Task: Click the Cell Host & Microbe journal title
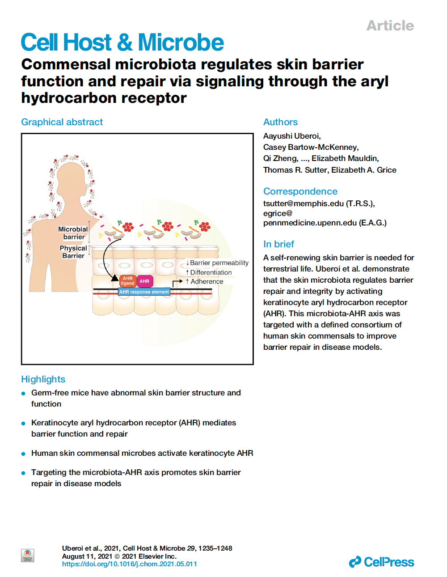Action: [x=122, y=42]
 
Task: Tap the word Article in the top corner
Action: [x=390, y=25]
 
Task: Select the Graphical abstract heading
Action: [x=62, y=122]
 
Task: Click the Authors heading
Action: [x=280, y=122]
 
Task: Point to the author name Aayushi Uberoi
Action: [x=291, y=136]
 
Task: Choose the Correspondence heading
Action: [x=300, y=191]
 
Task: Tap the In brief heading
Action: [x=278, y=244]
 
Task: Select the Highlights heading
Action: [x=43, y=379]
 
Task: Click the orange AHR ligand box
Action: [x=127, y=281]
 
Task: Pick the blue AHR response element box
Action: [x=144, y=292]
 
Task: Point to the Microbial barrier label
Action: [x=73, y=233]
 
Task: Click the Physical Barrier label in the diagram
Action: [x=73, y=252]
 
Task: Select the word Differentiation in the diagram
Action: [x=211, y=272]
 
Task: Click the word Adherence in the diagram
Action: [x=207, y=281]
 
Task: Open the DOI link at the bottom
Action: [x=129, y=564]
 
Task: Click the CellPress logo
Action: [x=381, y=562]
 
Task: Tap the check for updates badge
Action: [x=28, y=556]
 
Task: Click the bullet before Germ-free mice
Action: [x=23, y=394]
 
